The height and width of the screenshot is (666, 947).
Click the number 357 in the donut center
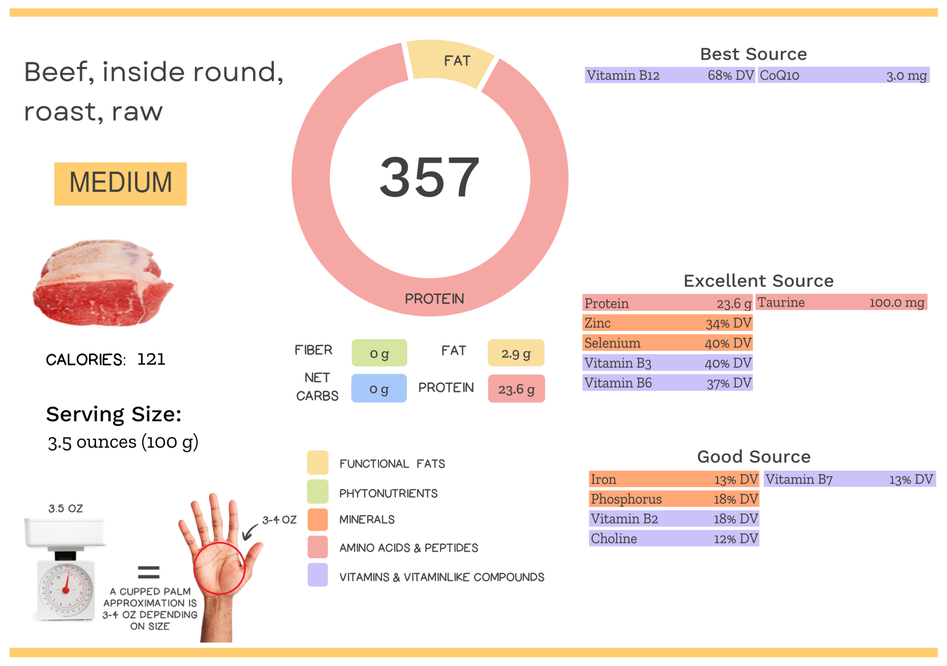point(430,178)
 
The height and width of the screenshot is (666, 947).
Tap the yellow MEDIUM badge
point(120,183)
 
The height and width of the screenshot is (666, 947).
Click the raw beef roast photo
point(103,283)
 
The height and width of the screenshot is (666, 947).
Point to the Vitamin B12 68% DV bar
point(669,75)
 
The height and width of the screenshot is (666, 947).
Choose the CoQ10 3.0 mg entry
point(843,75)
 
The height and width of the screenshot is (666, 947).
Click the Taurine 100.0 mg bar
point(841,303)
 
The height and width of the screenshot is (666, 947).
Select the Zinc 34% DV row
point(667,323)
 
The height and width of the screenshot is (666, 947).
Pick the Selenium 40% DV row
point(667,343)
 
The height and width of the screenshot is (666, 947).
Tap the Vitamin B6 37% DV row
point(667,383)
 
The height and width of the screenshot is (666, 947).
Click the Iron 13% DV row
point(674,479)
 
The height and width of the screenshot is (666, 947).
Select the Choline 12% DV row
point(674,539)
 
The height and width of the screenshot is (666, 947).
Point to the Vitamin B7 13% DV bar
point(849,479)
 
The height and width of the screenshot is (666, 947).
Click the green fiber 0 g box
point(379,354)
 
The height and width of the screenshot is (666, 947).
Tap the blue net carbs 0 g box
point(379,389)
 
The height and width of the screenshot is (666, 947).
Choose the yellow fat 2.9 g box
point(516,354)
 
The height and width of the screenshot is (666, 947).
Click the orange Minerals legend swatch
point(318,519)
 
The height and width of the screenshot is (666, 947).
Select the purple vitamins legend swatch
point(318,575)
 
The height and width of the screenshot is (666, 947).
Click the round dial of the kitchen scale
point(66,589)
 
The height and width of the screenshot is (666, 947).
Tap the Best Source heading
point(753,54)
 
